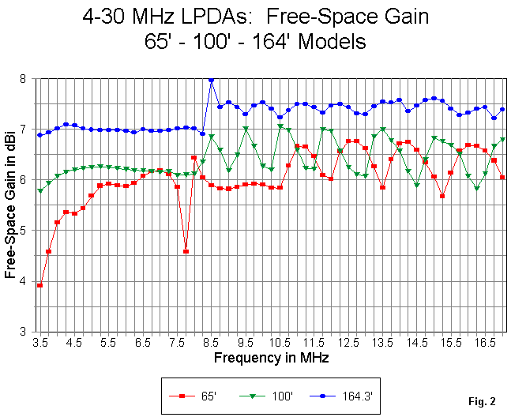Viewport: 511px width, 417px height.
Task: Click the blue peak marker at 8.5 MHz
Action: tap(211, 80)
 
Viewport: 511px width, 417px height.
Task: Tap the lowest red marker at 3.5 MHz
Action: tap(39, 285)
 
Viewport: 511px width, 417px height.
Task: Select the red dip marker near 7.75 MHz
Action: tap(186, 251)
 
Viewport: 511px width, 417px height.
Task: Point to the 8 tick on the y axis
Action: tap(26, 79)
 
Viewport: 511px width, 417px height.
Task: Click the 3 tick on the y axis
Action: tap(26, 332)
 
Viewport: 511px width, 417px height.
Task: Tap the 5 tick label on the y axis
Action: tap(26, 231)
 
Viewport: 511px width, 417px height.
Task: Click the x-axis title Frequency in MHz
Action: tap(271, 358)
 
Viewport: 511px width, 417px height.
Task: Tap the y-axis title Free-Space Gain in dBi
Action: tap(10, 205)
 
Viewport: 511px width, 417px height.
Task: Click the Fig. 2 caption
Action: tap(481, 402)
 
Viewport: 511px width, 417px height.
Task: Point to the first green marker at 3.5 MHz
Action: tap(39, 190)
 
